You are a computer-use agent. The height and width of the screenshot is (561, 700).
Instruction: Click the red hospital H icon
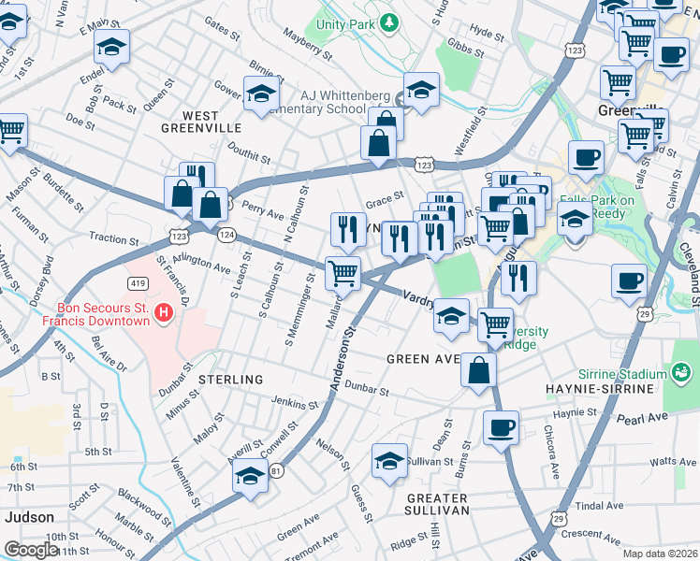point(165,311)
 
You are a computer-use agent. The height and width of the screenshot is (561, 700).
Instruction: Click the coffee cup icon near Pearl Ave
point(501,428)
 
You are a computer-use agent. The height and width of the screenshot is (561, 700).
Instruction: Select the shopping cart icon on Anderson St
point(343,273)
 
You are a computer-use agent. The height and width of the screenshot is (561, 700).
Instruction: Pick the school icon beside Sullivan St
point(389,461)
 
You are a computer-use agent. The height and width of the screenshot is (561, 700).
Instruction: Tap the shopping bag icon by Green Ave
point(478,370)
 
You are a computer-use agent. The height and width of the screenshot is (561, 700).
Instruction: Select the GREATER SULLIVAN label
point(437,502)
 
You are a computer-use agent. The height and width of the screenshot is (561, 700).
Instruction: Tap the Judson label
point(29,516)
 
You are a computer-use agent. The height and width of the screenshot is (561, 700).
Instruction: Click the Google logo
point(30,550)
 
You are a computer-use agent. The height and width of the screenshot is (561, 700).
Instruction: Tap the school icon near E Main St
point(112,47)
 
